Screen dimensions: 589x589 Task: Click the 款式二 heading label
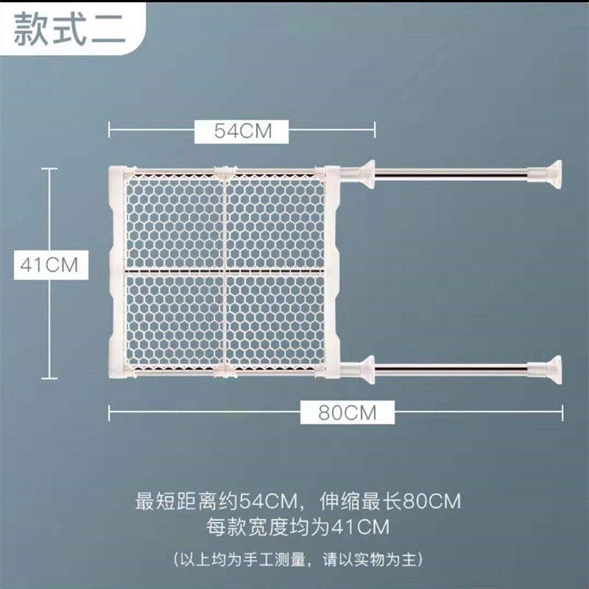click(69, 29)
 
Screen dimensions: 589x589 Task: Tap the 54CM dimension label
click(241, 131)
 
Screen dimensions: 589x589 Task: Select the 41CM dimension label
click(51, 265)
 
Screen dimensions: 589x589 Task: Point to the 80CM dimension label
click(348, 412)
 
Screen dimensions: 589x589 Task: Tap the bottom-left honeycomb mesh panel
click(174, 321)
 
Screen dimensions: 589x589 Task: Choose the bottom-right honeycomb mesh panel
click(275, 321)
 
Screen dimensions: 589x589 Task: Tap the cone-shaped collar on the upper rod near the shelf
click(366, 174)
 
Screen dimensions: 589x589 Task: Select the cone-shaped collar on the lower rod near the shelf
click(366, 370)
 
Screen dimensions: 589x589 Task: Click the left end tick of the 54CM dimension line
click(109, 130)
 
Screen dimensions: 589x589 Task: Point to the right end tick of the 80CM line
click(562, 412)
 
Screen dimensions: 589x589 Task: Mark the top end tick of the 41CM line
click(49, 169)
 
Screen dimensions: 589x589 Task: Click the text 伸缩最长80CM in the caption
click(390, 501)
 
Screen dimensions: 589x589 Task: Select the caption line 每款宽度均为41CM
click(297, 526)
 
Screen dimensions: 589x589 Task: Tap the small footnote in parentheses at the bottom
click(298, 560)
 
